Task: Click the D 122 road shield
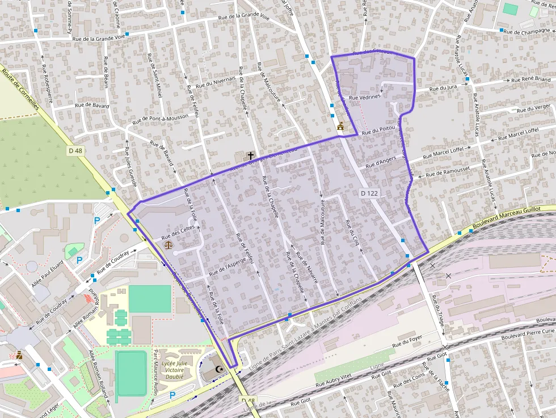369,193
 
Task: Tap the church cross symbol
250,155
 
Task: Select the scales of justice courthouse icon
169,244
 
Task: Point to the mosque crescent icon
219,370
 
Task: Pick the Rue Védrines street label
364,98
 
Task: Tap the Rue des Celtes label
178,231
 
